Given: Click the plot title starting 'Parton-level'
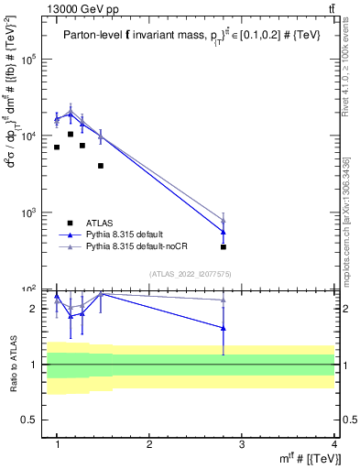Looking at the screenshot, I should (189, 35).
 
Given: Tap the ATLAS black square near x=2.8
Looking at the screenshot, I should (224, 246).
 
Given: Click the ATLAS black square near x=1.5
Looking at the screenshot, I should (101, 166).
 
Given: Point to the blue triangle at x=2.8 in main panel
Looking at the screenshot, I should (224, 231).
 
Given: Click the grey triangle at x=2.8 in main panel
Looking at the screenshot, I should (224, 220).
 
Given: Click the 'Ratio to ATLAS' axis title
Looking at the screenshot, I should (12, 364).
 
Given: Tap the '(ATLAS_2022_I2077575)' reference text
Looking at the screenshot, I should (191, 273).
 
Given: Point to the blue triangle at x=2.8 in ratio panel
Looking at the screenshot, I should (224, 327).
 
